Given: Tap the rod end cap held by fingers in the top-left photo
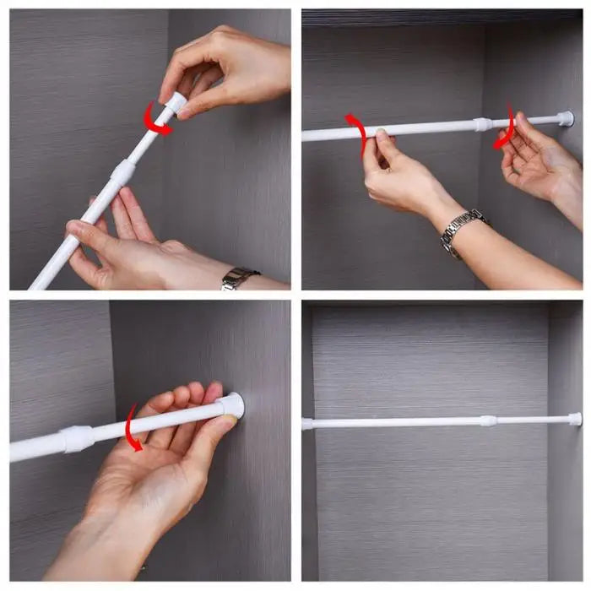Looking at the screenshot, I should pos(176,104).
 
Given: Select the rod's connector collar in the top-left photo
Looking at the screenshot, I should pos(122,172).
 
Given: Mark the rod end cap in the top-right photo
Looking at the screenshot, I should pos(565,119).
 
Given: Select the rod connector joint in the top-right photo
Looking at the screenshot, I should pos(483,124).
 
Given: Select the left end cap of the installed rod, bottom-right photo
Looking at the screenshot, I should pos(308,424).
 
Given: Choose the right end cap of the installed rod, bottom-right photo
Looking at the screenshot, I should pos(574,419).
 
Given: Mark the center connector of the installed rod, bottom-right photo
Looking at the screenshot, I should pos(488,420).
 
